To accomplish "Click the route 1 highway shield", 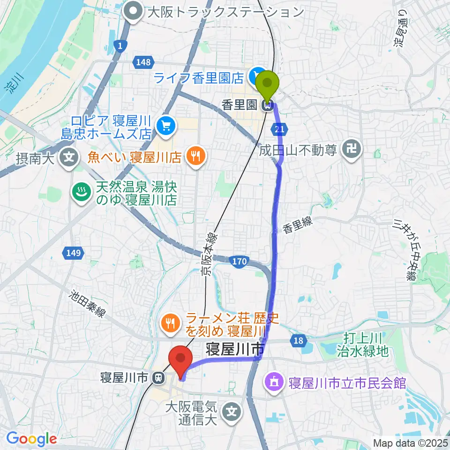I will tap(120, 45).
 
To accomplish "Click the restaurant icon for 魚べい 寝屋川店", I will tap(195, 156).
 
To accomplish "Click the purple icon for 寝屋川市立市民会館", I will tap(274, 383).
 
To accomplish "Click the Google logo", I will tap(31, 438).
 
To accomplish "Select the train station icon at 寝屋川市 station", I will tap(160, 377).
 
